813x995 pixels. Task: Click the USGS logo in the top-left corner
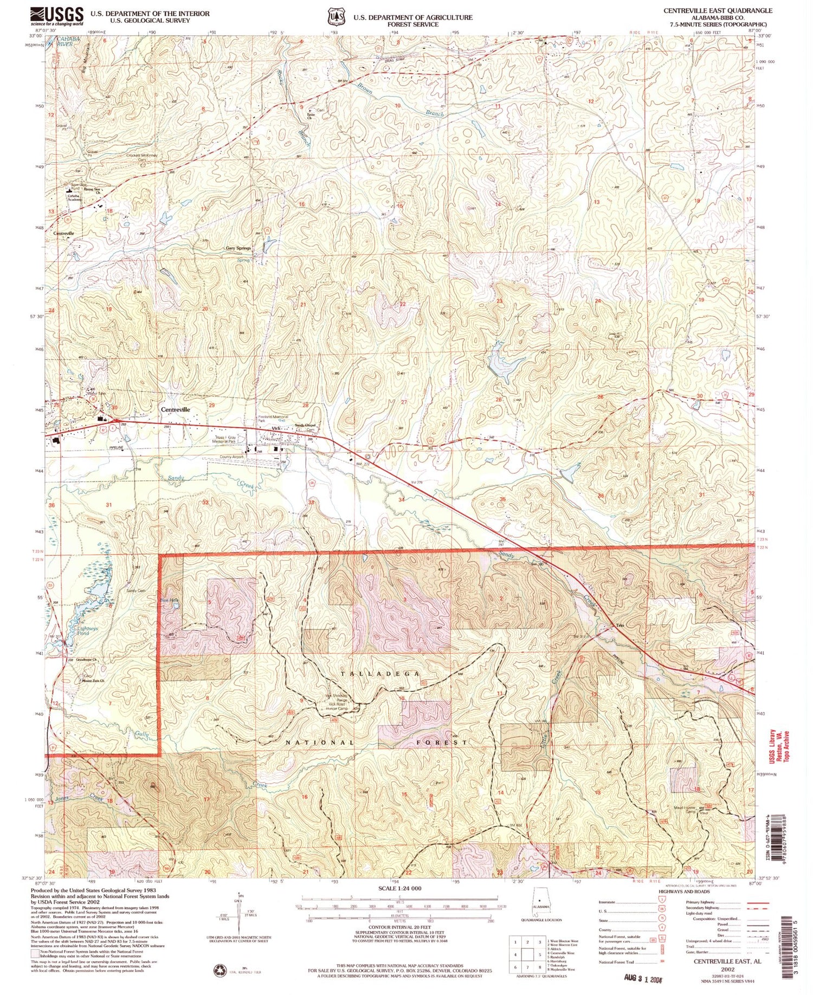pyautogui.click(x=57, y=16)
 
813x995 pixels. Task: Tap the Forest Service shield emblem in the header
pyautogui.click(x=335, y=17)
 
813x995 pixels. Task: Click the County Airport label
pyautogui.click(x=231, y=457)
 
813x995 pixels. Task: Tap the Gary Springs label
pyautogui.click(x=238, y=248)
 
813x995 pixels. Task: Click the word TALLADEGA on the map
pyautogui.click(x=380, y=673)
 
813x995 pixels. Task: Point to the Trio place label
pyautogui.click(x=620, y=626)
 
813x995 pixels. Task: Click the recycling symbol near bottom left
pyautogui.click(x=221, y=969)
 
